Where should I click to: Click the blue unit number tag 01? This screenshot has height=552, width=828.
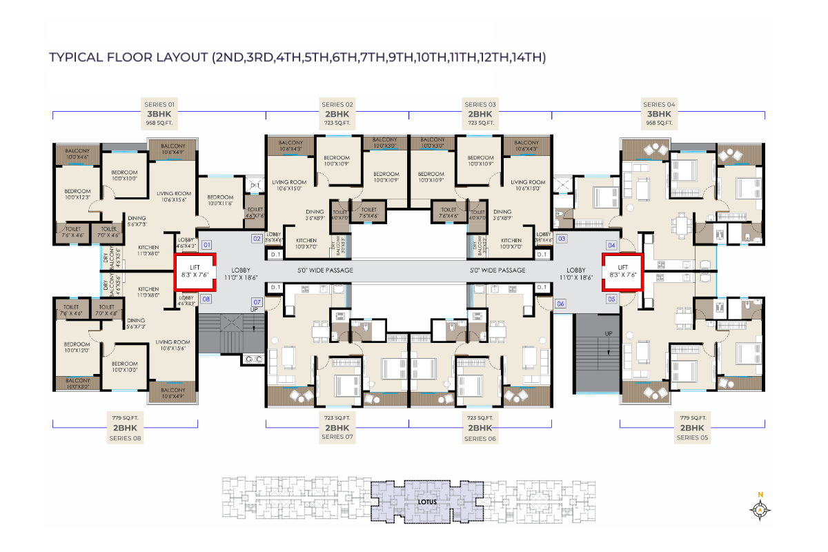click(206, 244)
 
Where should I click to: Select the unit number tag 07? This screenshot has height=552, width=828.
click(257, 302)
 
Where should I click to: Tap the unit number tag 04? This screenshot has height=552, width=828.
click(611, 245)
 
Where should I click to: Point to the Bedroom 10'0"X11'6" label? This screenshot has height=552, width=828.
click(221, 200)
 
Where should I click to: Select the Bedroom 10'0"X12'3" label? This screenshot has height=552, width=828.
click(78, 195)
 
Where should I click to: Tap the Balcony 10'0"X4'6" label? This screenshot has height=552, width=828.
click(78, 154)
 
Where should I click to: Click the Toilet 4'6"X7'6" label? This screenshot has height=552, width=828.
click(255, 213)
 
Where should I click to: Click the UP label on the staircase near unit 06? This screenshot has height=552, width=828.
click(608, 333)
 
